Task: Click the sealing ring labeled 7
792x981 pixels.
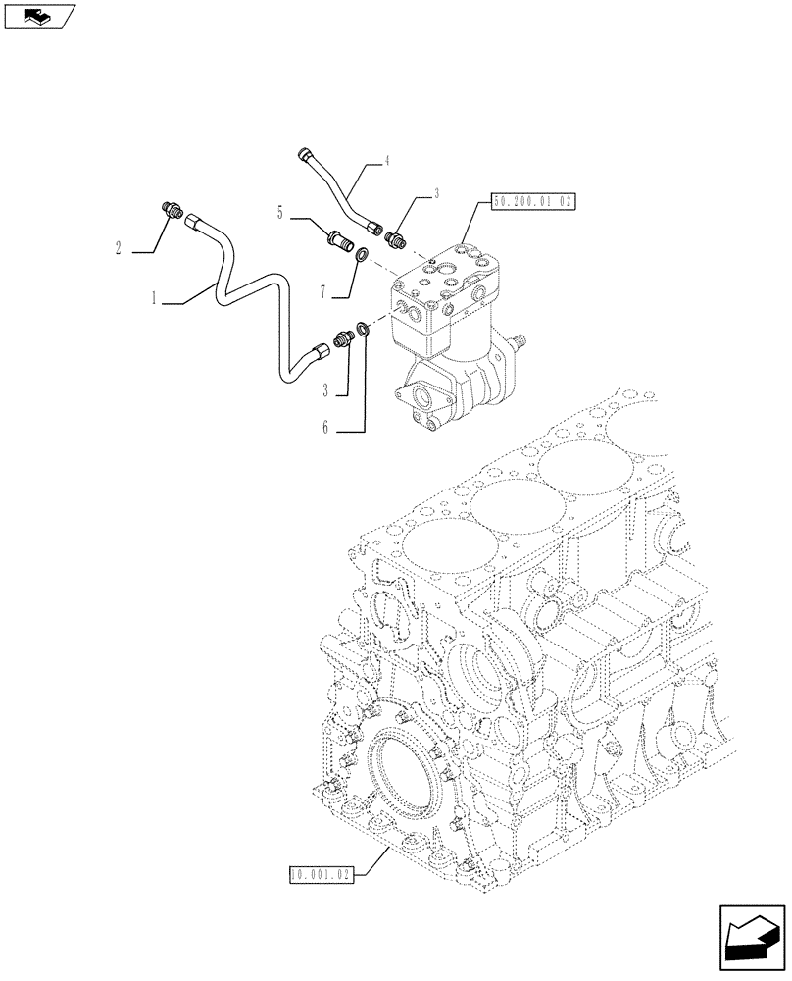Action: [363, 256]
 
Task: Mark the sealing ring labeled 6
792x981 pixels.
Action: [364, 329]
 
